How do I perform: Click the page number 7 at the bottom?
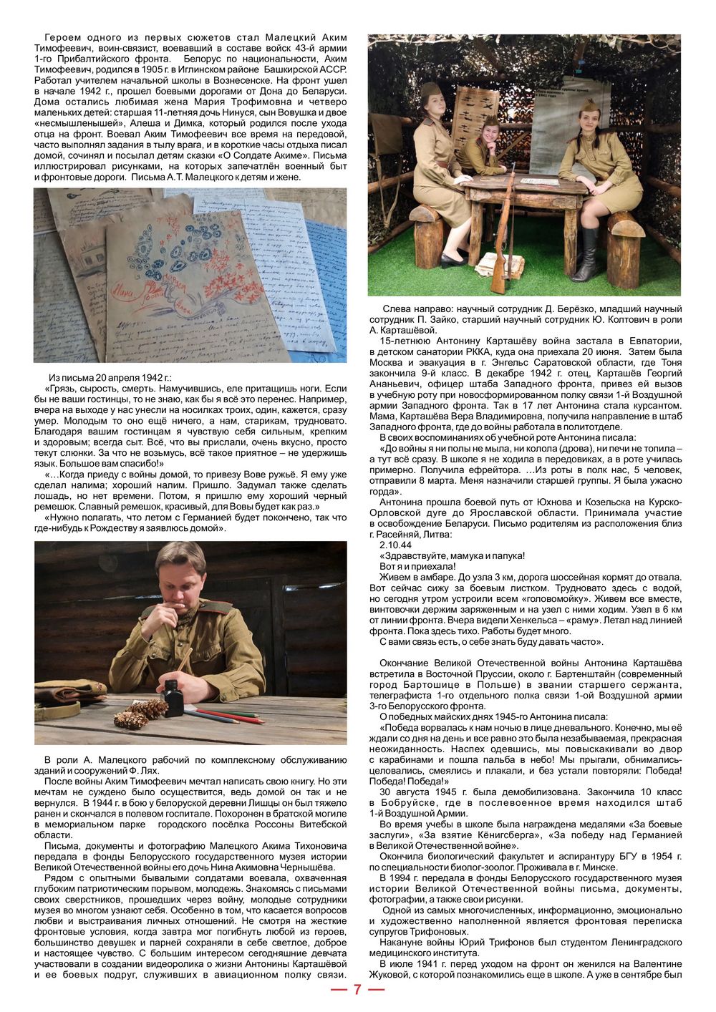[x=357, y=990]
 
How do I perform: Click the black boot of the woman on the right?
[x=586, y=255]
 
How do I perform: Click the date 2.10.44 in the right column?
[x=397, y=545]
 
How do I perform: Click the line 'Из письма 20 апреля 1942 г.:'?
[x=110, y=377]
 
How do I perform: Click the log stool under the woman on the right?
[x=625, y=250]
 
